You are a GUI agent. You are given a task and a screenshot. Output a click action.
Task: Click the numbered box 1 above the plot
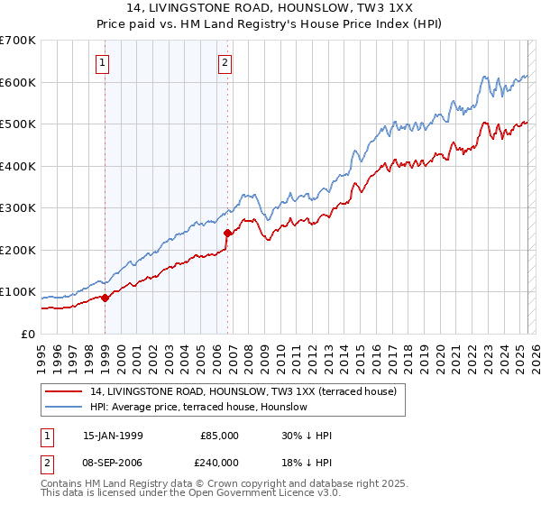click(103, 62)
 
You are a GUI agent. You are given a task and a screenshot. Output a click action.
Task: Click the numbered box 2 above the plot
click(224, 62)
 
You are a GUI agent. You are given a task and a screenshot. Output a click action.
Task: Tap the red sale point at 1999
click(105, 298)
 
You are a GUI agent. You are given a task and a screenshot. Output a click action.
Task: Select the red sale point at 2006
click(227, 233)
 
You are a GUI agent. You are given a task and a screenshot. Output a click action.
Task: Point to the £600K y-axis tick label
click(18, 82)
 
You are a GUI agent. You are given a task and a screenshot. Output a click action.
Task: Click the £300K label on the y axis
click(18, 208)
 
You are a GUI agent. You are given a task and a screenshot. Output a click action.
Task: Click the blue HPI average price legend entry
click(198, 407)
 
